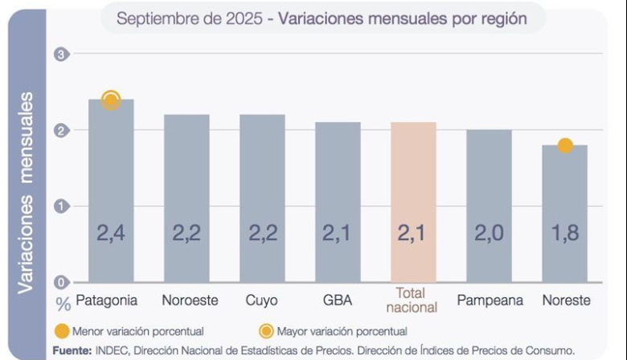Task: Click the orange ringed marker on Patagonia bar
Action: pyautogui.click(x=111, y=100)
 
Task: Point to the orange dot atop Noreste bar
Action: pyautogui.click(x=565, y=145)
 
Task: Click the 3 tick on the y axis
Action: pyautogui.click(x=60, y=54)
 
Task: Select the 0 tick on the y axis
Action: pyautogui.click(x=60, y=282)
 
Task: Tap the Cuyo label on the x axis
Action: pyautogui.click(x=262, y=301)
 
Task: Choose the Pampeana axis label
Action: pyautogui.click(x=490, y=301)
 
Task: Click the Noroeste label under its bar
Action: pyautogui.click(x=190, y=301)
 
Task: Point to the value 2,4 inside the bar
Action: pyautogui.click(x=111, y=234)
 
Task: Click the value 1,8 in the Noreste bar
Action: pyautogui.click(x=564, y=234)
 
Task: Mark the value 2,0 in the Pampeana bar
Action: pyautogui.click(x=489, y=234)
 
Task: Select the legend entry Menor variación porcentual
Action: pyautogui.click(x=137, y=331)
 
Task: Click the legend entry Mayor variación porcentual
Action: pyautogui.click(x=341, y=331)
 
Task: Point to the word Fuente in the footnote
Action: pyautogui.click(x=71, y=350)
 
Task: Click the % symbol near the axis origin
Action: pyautogui.click(x=64, y=304)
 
